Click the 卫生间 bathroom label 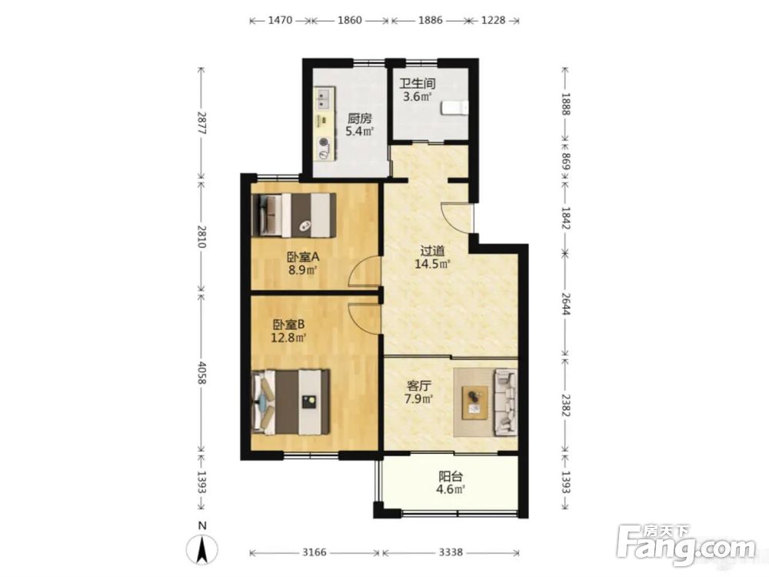pyautogui.click(x=417, y=83)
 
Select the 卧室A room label pyautogui.click(x=302, y=257)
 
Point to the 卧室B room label pyautogui.click(x=289, y=325)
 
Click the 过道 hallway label pyautogui.click(x=432, y=251)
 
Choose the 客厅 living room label pyautogui.click(x=418, y=385)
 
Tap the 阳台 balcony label pyautogui.click(x=450, y=476)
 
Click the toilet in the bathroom pyautogui.click(x=455, y=108)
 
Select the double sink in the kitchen pyautogui.click(x=324, y=98)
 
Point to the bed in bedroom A pyautogui.click(x=293, y=215)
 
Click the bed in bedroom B pyautogui.click(x=290, y=402)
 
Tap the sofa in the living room pyautogui.click(x=506, y=402)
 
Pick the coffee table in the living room pyautogui.click(x=474, y=402)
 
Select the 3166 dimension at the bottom pyautogui.click(x=314, y=552)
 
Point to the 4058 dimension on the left pyautogui.click(x=201, y=373)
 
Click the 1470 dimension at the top pyautogui.click(x=281, y=20)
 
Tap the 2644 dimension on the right pyautogui.click(x=566, y=305)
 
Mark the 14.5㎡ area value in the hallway pyautogui.click(x=432, y=264)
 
